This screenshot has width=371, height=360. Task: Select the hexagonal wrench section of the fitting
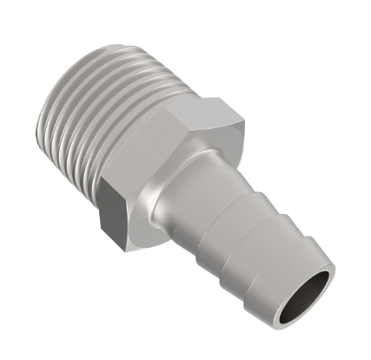(x=165, y=165)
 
